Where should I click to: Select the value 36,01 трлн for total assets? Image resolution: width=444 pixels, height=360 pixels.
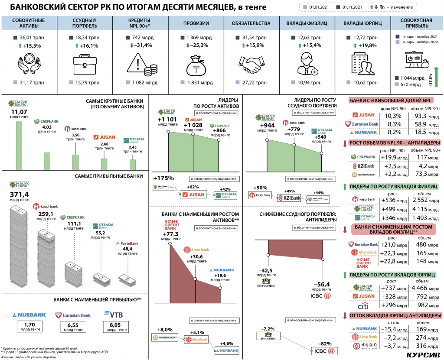[30, 38]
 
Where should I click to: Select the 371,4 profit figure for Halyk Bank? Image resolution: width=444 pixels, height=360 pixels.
[19, 194]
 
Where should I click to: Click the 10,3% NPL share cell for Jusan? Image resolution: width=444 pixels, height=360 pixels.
[392, 116]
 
